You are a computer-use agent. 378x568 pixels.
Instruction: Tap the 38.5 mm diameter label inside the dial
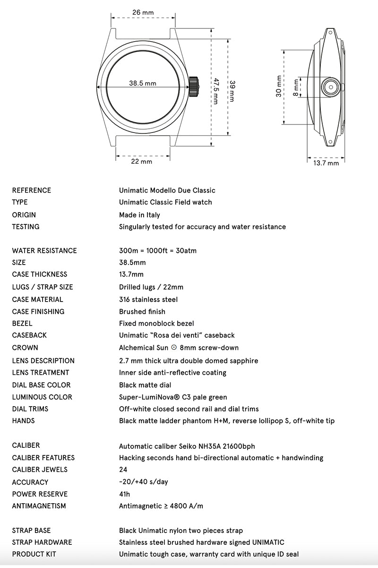143,83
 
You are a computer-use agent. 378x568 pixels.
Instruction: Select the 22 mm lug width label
142,161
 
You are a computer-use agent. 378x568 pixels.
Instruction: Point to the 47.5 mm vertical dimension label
216,91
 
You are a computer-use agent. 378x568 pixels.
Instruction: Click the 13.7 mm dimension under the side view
326,163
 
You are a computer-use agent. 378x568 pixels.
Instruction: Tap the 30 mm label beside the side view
279,86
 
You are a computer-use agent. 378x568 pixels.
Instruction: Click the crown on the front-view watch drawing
193,87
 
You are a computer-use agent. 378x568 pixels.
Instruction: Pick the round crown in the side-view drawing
331,87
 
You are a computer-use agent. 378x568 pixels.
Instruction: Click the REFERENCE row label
32,190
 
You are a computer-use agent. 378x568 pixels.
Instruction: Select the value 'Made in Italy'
143,214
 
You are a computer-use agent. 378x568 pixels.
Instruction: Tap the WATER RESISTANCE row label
44,250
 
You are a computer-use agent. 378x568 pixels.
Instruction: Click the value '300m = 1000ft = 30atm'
158,250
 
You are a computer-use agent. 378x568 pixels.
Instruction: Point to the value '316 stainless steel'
148,299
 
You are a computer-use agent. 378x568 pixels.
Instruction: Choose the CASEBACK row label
29,335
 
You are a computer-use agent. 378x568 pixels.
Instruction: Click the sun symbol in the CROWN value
174,347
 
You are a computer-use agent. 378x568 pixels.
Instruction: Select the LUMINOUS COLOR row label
42,397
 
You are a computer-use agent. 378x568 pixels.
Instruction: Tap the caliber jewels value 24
123,470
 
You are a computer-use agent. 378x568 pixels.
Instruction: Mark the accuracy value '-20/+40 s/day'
144,482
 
